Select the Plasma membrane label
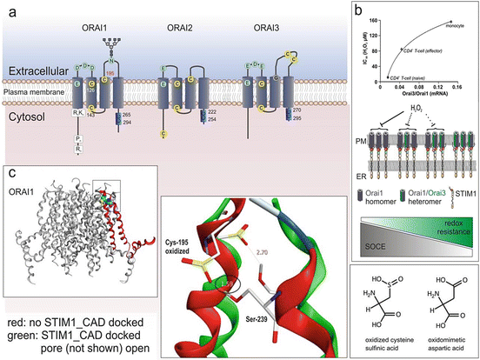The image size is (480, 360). click(27, 89)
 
